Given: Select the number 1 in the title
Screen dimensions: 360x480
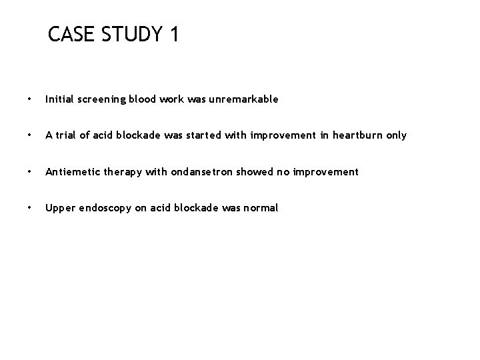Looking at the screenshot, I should (174, 34).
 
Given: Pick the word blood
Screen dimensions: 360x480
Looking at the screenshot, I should (143, 99).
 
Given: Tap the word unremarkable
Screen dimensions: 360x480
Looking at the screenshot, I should (245, 99).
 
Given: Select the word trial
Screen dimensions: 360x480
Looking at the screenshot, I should (67, 135).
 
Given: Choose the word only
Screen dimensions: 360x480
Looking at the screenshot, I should (395, 136).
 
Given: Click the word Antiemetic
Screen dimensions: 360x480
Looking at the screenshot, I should (70, 172).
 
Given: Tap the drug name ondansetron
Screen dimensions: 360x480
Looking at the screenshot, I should (199, 172).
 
